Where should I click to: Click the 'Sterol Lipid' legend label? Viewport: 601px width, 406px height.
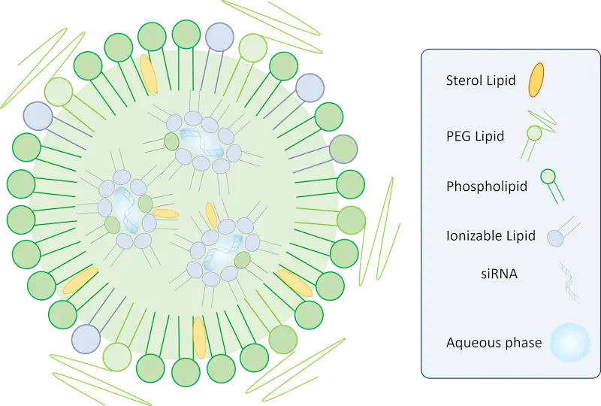(481, 80)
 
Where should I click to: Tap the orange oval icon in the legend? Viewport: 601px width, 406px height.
(536, 80)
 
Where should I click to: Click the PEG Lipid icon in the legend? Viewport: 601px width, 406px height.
(535, 133)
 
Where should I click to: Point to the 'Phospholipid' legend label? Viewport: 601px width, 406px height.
(487, 185)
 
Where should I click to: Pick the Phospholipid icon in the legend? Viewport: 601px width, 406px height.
(548, 177)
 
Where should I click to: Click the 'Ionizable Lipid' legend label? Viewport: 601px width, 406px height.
(491, 235)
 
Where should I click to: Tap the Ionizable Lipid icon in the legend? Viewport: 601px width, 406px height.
(554, 238)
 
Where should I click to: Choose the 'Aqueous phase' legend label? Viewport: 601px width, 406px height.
(494, 343)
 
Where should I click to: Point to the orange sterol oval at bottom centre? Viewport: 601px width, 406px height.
(199, 336)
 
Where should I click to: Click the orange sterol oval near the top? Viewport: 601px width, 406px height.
(149, 74)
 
